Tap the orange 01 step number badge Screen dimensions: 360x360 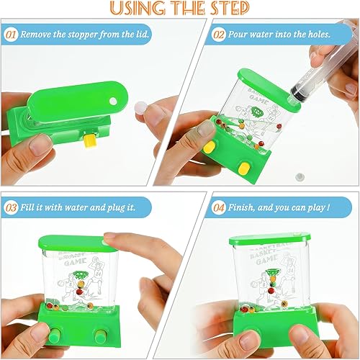(x=11, y=35)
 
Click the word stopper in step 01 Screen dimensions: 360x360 (x=83, y=35)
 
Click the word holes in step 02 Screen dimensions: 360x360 (x=315, y=35)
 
